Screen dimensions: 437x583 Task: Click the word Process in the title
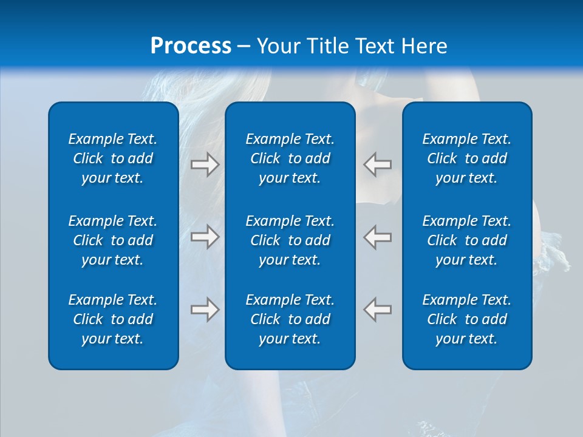pos(191,46)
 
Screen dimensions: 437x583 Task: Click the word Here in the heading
pos(424,46)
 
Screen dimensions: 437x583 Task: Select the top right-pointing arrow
pos(205,164)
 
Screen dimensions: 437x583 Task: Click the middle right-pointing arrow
pos(205,236)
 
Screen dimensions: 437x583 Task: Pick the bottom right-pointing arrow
pos(205,309)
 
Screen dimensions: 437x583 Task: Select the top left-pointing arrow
pos(378,164)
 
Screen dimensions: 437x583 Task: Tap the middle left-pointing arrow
pos(378,236)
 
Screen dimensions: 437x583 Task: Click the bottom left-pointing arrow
pos(378,309)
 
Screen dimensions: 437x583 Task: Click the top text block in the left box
pos(113,158)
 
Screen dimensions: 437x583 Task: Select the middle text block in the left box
pos(113,240)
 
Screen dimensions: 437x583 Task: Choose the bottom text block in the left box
pos(113,319)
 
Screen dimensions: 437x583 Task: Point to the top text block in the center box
pos(290,158)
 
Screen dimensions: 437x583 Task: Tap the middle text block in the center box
pos(290,240)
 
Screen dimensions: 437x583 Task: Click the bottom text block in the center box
pos(290,319)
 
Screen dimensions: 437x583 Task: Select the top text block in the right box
pos(467,158)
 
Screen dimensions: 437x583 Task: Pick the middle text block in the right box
pos(467,240)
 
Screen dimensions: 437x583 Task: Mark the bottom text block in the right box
pos(467,319)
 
